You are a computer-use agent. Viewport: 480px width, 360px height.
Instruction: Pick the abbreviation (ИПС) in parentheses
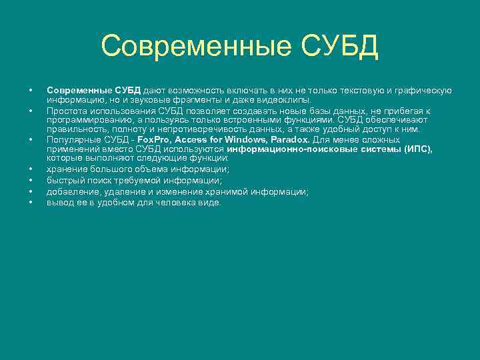tap(418, 150)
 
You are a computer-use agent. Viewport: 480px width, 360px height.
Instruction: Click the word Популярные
tap(69, 140)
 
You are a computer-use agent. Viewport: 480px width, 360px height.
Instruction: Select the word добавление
tap(69, 191)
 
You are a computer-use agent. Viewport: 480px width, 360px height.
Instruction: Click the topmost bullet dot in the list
tap(30, 90)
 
